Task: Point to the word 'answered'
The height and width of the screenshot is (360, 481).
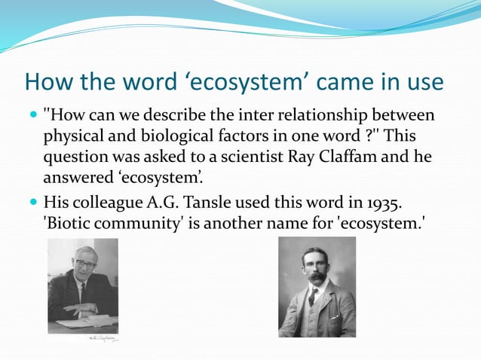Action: click(76, 178)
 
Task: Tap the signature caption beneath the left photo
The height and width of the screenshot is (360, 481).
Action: click(102, 339)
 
